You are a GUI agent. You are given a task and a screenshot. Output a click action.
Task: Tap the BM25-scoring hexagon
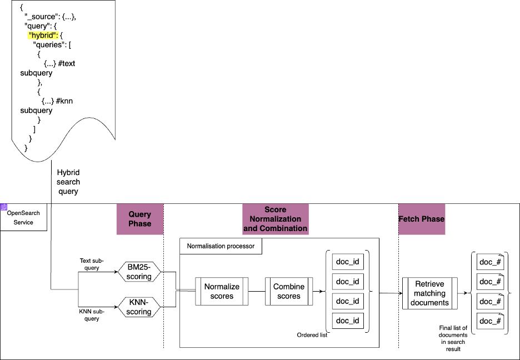tap(139, 272)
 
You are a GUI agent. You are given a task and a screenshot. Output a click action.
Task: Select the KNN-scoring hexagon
tap(139, 307)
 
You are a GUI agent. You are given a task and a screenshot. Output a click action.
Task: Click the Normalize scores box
tap(222, 291)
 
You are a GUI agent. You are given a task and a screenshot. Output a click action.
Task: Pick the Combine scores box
tap(289, 291)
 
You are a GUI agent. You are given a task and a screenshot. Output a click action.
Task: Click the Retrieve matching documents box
tap(429, 293)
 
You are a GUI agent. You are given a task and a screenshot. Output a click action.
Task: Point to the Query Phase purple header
tap(139, 219)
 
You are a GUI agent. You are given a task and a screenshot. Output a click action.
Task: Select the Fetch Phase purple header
tap(422, 219)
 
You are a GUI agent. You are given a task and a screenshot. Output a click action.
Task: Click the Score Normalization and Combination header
tap(275, 219)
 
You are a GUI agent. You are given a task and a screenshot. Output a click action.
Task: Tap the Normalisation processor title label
tap(221, 246)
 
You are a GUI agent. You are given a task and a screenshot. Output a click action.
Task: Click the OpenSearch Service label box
tap(23, 218)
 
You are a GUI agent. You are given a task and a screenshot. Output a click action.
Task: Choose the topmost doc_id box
tap(348, 262)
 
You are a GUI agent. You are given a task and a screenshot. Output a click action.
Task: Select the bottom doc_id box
tap(348, 321)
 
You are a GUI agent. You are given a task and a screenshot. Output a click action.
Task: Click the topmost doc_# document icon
tap(490, 262)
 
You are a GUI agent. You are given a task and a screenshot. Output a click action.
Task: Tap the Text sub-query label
tap(92, 263)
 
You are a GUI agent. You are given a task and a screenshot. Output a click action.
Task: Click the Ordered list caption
tap(312, 335)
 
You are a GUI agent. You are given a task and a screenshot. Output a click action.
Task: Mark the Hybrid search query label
tap(68, 182)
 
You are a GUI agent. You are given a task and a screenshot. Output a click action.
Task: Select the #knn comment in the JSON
tap(65, 101)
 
